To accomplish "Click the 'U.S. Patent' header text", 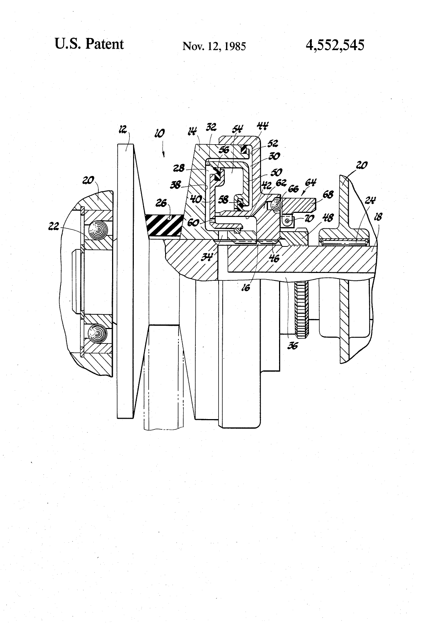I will click(89, 44).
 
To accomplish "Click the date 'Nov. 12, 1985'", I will click(214, 46).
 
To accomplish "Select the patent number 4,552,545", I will click(334, 45).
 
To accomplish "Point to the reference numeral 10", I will click(160, 133).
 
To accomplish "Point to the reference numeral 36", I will click(293, 346).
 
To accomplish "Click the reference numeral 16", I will click(246, 287).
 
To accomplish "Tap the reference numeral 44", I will click(262, 127).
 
